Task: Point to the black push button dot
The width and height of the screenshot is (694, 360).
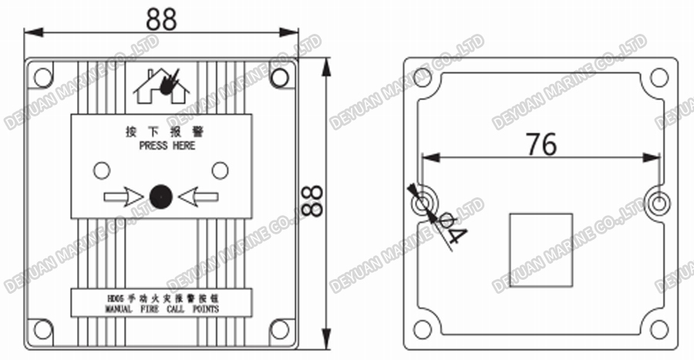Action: click(160, 197)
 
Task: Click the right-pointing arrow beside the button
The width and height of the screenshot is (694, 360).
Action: click(123, 197)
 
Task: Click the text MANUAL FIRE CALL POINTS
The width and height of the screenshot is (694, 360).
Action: click(161, 308)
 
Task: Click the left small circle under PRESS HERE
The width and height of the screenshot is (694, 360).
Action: click(101, 170)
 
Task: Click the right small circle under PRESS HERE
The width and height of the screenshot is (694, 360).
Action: click(221, 170)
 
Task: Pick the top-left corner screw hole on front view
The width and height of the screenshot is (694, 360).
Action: click(43, 76)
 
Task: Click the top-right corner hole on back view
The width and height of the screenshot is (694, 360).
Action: click(659, 77)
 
